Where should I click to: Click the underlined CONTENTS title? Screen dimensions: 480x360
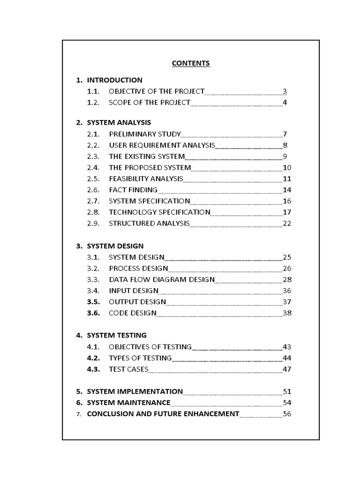pos(191,63)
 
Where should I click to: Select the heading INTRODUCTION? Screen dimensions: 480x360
pos(114,80)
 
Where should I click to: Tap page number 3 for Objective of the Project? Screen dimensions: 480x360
pos(285,91)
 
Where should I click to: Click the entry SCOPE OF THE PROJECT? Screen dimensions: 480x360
pos(150,103)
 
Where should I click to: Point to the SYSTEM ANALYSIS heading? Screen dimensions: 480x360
pos(119,123)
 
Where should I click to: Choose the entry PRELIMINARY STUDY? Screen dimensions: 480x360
pos(144,134)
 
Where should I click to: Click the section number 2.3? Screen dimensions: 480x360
pos(94,157)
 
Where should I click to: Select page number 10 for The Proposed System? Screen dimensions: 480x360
pos(287,168)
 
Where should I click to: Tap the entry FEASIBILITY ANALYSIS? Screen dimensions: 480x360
pos(146,179)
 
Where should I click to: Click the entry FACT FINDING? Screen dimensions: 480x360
pos(133,190)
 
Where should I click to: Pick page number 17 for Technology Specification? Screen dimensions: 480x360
pos(287,212)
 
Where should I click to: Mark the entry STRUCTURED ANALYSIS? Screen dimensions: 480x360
pos(149,223)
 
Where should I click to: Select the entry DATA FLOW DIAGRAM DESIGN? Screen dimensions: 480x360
pos(162,280)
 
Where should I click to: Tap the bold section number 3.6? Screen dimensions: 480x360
pos(94,313)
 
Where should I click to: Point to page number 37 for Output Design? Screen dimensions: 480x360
pos(287,302)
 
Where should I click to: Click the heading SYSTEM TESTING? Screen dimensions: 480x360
pos(117,335)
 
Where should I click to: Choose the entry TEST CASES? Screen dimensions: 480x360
pos(128,369)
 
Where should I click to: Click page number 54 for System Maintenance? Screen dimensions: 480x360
pos(287,403)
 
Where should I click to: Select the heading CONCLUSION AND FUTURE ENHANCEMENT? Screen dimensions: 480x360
pos(163,414)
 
